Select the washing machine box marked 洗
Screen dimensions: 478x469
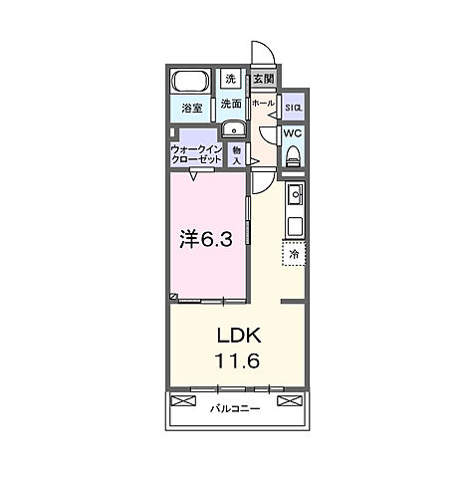click(231, 80)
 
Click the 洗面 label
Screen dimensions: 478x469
click(231, 104)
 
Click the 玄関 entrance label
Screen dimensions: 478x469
click(263, 80)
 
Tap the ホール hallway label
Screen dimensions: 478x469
click(262, 103)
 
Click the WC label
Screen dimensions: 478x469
click(293, 133)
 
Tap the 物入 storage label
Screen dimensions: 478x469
click(237, 153)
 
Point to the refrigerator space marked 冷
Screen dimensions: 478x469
click(294, 255)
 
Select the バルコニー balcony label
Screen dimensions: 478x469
click(235, 409)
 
